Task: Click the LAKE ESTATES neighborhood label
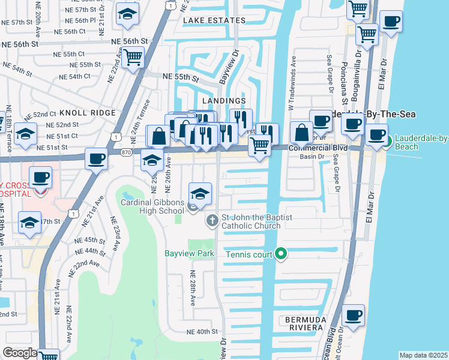214,20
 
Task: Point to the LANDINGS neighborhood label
224,101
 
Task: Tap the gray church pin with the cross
211,221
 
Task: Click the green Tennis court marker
280,254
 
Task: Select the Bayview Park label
189,253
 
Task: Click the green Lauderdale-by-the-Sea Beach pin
388,142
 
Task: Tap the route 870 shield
125,153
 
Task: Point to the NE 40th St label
201,332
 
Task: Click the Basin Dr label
312,157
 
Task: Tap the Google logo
20,353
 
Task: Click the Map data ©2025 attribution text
423,355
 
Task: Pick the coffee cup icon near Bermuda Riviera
354,316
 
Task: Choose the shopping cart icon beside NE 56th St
133,57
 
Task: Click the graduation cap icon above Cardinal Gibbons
200,193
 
